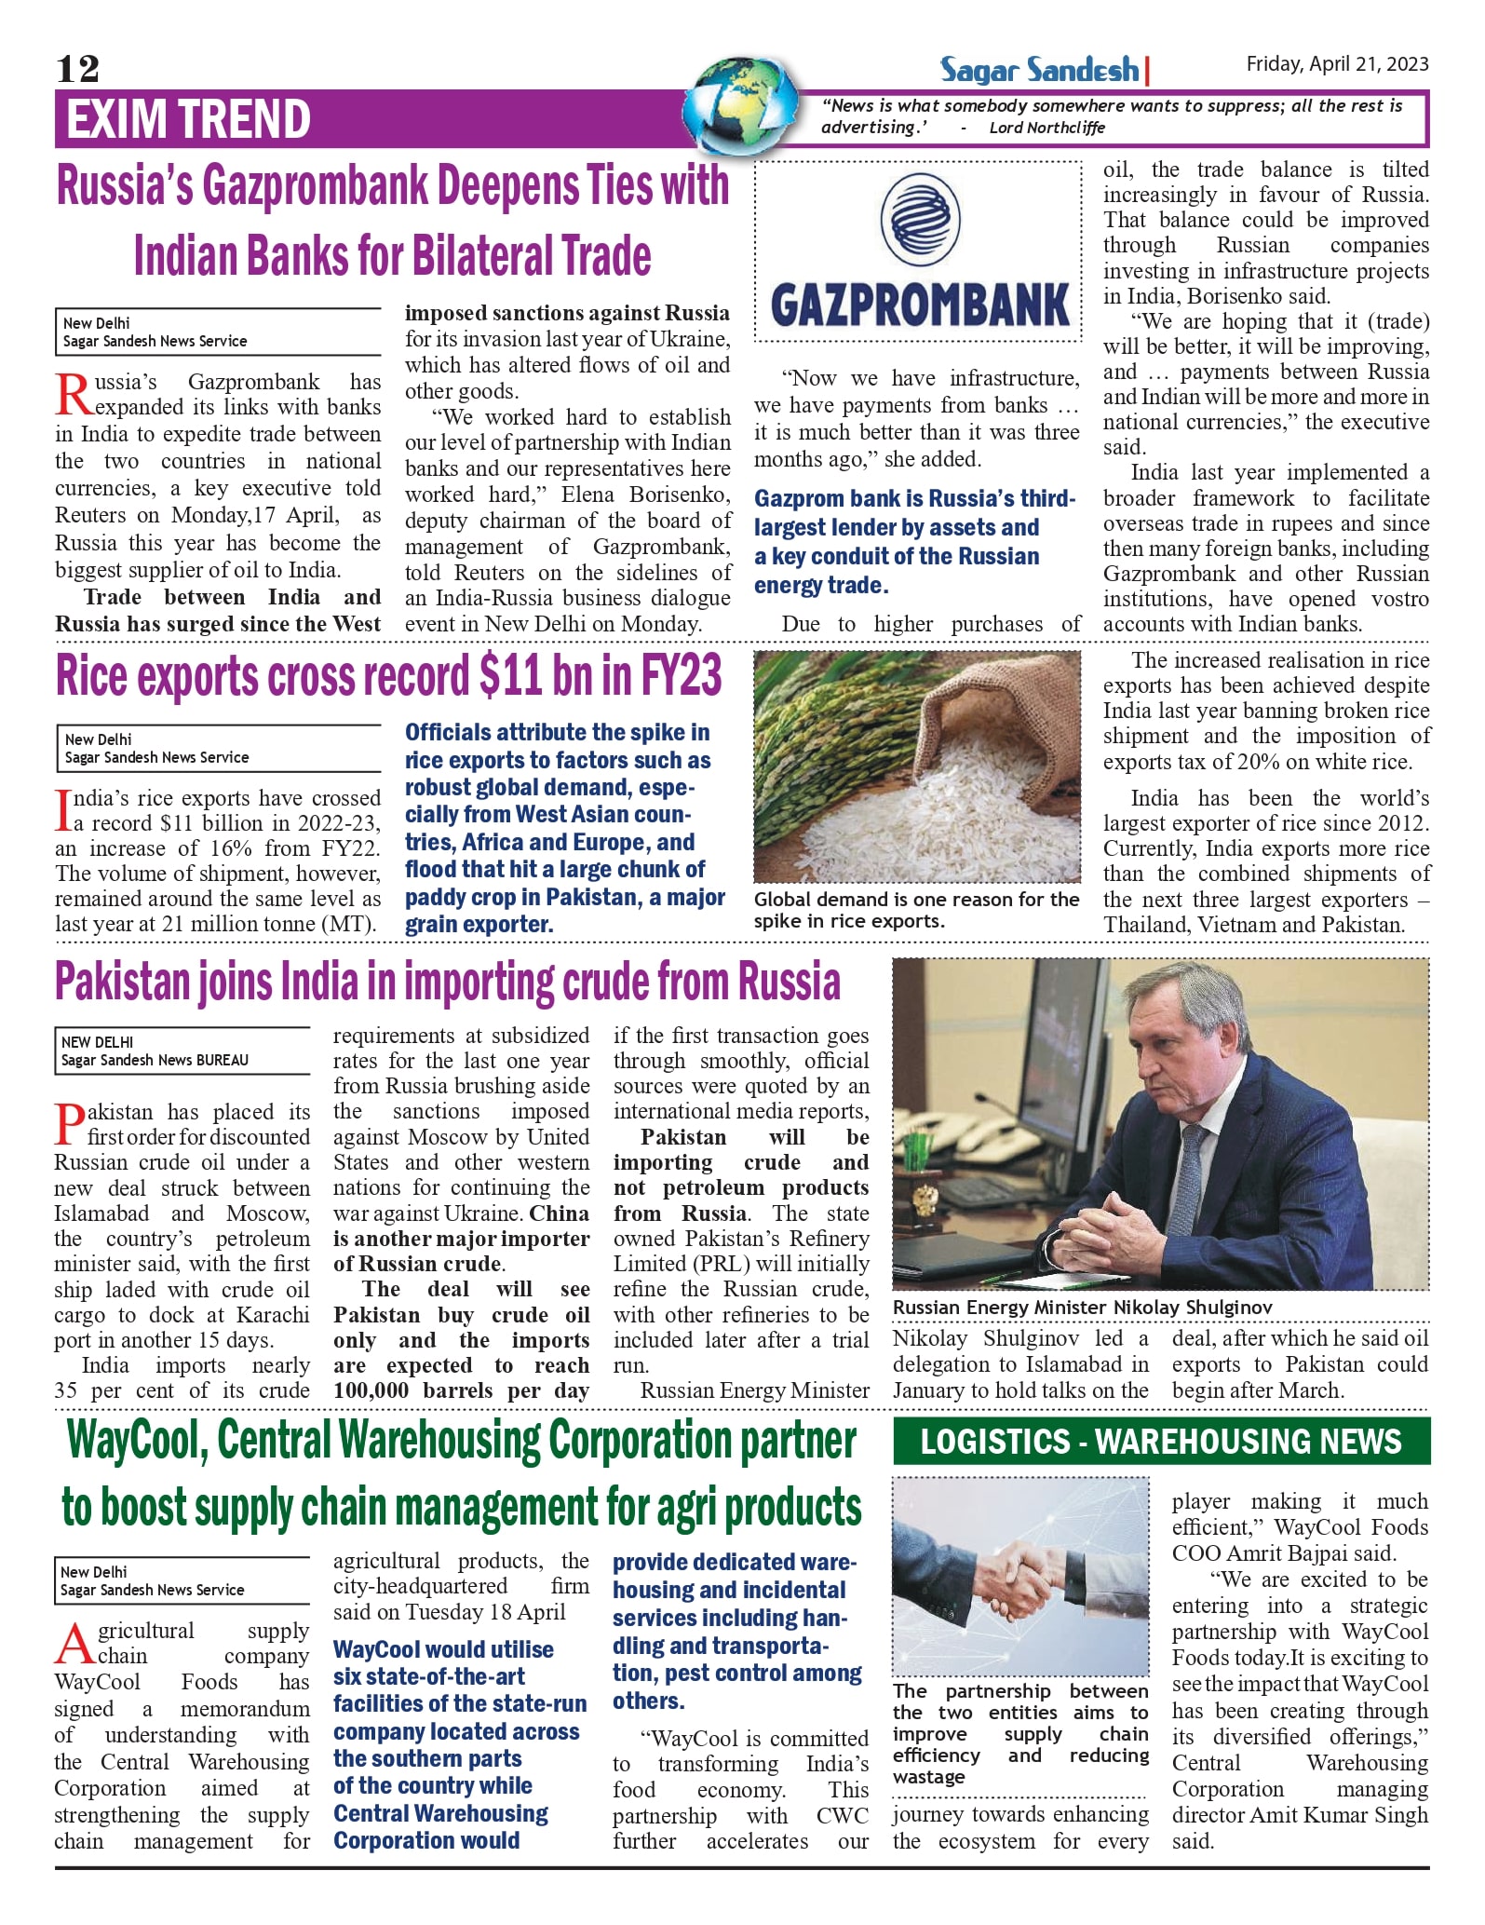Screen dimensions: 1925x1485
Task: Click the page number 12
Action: coord(77,69)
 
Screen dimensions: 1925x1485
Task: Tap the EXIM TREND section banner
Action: coord(188,119)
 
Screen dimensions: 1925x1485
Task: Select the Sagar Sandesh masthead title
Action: coord(1039,70)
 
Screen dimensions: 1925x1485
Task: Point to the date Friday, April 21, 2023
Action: coord(1337,64)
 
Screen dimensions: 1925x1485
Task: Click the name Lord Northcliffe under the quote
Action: coord(1046,128)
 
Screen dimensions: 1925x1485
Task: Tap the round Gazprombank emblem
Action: coord(920,220)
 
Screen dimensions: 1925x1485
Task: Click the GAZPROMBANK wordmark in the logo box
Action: coord(920,305)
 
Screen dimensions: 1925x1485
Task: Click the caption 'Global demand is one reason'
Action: coord(916,900)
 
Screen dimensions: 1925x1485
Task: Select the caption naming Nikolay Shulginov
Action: coord(1082,1308)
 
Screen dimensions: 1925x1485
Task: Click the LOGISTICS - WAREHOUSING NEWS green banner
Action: coord(1160,1442)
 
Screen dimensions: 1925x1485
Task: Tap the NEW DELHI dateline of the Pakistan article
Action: coord(98,1042)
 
